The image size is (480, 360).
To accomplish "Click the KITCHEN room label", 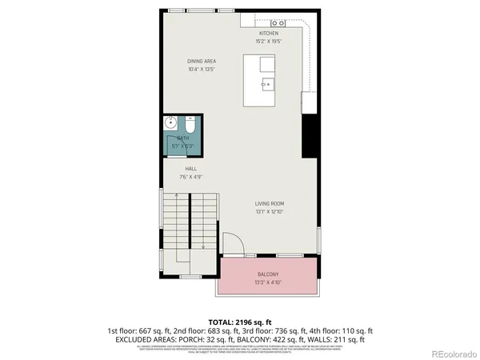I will pyautogui.click(x=268, y=33).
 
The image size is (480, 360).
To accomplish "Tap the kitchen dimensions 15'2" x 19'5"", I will pyautogui.click(x=268, y=40).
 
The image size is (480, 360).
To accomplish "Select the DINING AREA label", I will pyautogui.click(x=202, y=62).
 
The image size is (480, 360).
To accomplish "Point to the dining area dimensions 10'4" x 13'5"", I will pyautogui.click(x=202, y=69).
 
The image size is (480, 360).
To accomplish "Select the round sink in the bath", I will pyautogui.click(x=170, y=123).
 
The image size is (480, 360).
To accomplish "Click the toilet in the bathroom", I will pyautogui.click(x=190, y=125).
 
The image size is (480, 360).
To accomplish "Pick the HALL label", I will pyautogui.click(x=190, y=169).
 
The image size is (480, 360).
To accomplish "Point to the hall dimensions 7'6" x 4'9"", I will pyautogui.click(x=190, y=176).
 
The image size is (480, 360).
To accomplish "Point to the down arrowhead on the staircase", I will pyautogui.click(x=204, y=248).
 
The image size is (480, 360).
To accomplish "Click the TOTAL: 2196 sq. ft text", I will pyautogui.click(x=239, y=321).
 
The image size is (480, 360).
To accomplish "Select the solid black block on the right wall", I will pyautogui.click(x=306, y=136).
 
